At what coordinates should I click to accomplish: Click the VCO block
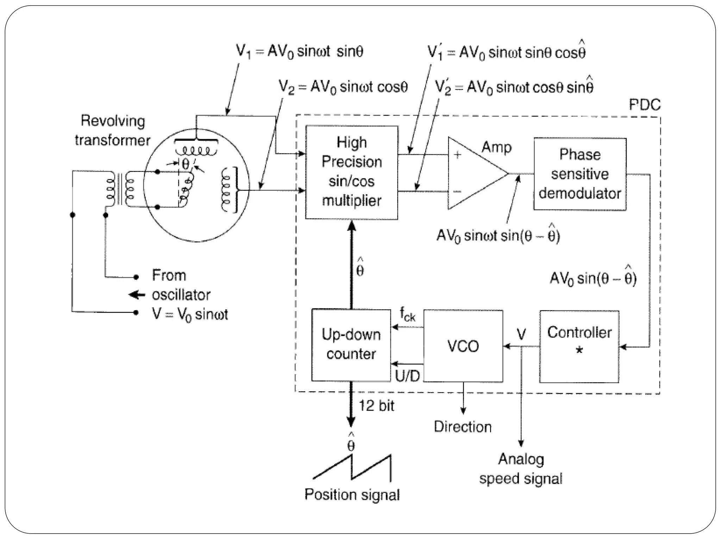click(x=463, y=346)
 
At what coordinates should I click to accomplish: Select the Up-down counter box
click(x=351, y=345)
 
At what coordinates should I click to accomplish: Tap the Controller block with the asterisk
click(x=579, y=346)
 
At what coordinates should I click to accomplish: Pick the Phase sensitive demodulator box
click(x=580, y=174)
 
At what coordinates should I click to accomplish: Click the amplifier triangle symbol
click(x=472, y=173)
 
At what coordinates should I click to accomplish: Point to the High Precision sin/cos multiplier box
click(x=352, y=172)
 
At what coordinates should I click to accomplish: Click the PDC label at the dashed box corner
click(x=645, y=105)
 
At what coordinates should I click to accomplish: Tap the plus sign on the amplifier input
click(x=457, y=155)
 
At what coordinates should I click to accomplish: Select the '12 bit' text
click(x=376, y=406)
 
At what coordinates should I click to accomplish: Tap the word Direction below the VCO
click(x=463, y=427)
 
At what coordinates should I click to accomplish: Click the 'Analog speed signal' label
click(x=521, y=469)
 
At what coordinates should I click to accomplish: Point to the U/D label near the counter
click(x=407, y=376)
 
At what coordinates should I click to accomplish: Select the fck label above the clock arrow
click(x=407, y=314)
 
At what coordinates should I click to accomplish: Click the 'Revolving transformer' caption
click(x=113, y=130)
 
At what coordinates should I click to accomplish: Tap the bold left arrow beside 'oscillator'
click(x=137, y=294)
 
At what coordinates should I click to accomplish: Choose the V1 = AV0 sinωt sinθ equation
click(x=299, y=52)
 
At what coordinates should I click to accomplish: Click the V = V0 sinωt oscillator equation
click(x=190, y=314)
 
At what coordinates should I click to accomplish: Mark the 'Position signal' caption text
click(x=352, y=495)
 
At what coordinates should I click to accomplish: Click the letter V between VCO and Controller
click(x=521, y=334)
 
